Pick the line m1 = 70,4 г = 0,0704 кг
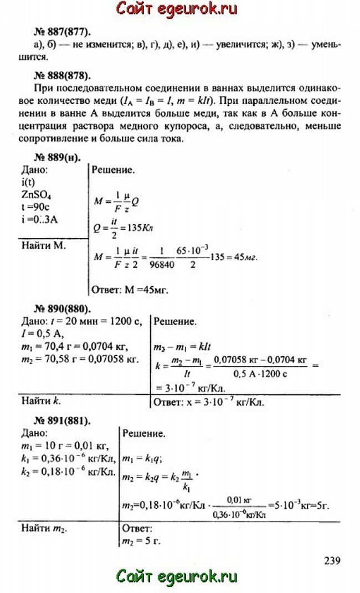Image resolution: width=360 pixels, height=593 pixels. coord(74,347)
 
